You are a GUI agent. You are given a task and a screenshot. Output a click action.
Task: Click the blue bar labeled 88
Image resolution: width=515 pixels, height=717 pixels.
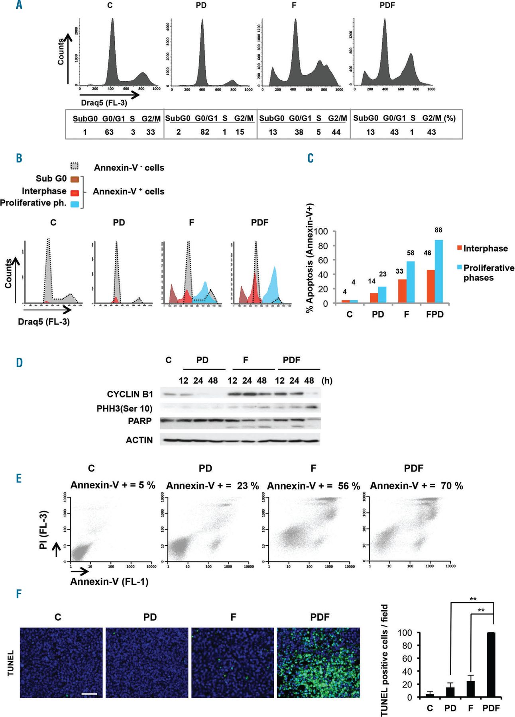tap(438, 271)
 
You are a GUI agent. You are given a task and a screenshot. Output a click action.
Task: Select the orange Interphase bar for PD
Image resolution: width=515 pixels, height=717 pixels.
tap(374, 298)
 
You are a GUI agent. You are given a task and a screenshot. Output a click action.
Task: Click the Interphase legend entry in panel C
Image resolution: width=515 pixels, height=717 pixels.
tap(485, 249)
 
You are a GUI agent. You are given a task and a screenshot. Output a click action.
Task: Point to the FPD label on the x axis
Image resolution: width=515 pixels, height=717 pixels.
tap(434, 314)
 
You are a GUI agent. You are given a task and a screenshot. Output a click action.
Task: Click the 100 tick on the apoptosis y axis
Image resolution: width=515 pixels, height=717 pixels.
tap(321, 231)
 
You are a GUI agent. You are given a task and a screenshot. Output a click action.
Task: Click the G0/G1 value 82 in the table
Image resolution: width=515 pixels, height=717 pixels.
tap(205, 132)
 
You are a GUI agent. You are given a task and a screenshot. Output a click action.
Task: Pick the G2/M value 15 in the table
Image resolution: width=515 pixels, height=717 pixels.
tap(240, 132)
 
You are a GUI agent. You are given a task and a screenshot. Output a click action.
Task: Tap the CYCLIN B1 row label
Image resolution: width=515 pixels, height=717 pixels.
tap(130, 394)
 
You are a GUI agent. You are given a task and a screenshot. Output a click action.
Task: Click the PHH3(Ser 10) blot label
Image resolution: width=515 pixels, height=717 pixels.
tap(124, 408)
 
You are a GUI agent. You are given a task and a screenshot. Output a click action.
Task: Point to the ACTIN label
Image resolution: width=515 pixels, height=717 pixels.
tap(139, 440)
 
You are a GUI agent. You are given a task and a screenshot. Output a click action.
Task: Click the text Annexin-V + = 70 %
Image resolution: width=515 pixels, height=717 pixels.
tap(417, 486)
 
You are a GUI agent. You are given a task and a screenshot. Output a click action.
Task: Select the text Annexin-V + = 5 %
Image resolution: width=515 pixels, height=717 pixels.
tap(113, 485)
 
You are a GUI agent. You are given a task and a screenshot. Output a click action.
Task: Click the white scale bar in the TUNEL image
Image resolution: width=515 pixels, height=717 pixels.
tap(89, 693)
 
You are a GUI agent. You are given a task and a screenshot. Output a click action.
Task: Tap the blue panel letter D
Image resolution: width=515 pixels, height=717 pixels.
tap(19, 362)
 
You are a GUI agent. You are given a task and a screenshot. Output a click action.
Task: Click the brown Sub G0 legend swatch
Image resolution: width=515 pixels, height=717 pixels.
tap(75, 179)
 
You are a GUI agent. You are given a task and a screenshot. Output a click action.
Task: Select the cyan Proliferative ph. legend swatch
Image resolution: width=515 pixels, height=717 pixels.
tap(75, 204)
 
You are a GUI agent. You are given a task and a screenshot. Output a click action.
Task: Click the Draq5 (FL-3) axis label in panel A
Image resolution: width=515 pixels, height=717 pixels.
tap(104, 103)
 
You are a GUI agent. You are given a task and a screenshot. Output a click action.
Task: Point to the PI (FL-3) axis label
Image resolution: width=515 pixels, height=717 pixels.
tap(44, 530)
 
